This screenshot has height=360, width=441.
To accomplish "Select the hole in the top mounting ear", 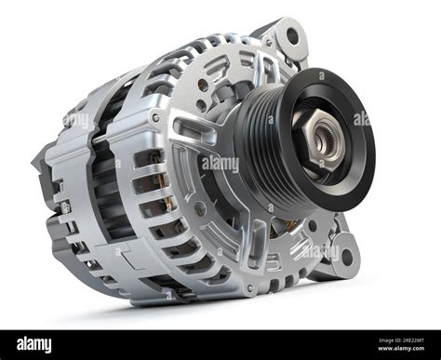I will click(x=292, y=36).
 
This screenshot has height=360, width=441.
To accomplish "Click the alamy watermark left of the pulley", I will click(x=220, y=164).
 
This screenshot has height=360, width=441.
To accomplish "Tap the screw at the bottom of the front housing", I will click(x=248, y=289).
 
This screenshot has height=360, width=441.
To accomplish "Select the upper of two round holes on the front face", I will click(x=203, y=85).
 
